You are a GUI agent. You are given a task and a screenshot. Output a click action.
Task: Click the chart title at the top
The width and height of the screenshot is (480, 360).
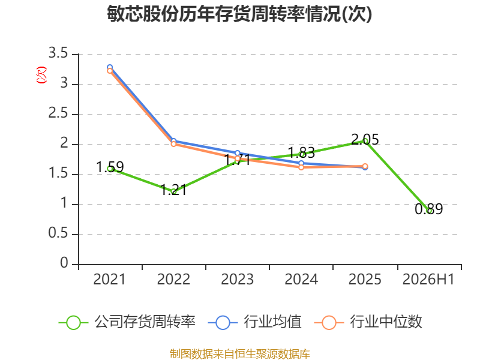239,14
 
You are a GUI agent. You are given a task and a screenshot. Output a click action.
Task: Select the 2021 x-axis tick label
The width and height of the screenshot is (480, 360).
110,279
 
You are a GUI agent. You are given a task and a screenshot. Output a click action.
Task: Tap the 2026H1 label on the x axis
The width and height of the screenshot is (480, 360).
428,279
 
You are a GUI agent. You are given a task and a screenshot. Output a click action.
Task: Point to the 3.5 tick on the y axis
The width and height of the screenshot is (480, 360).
58,53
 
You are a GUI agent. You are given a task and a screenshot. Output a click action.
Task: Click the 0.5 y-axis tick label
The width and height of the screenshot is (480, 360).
58,233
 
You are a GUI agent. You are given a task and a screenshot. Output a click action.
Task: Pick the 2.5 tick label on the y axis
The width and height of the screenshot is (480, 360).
58,113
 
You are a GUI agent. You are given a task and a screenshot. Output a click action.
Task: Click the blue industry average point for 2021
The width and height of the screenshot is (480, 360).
110,67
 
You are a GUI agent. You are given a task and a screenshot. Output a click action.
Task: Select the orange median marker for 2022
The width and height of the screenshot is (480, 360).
173,144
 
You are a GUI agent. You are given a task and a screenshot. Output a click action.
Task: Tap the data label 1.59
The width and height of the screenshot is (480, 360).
110,167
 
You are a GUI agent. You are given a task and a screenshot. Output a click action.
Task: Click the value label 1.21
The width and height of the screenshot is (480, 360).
173,190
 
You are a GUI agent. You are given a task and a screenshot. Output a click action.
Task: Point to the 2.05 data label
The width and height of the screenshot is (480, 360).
365,140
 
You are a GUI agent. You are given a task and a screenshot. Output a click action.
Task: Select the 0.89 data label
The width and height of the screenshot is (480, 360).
429,209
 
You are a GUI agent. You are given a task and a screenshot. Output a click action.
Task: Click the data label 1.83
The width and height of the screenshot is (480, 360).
301,152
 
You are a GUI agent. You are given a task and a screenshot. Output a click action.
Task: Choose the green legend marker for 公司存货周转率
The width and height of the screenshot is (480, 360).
73,323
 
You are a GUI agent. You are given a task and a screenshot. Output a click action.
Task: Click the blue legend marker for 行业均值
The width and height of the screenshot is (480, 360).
223,323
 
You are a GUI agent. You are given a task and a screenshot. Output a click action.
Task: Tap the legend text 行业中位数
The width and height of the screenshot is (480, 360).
386,322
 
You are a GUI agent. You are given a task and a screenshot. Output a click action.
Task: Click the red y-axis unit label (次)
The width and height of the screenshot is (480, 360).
41,74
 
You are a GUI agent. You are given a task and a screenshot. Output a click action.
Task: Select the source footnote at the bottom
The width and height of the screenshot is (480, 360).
240,353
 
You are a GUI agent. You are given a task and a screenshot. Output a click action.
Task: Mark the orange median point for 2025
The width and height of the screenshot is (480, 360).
365,166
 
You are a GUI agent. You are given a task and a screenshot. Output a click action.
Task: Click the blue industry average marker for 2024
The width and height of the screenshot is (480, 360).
301,163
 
